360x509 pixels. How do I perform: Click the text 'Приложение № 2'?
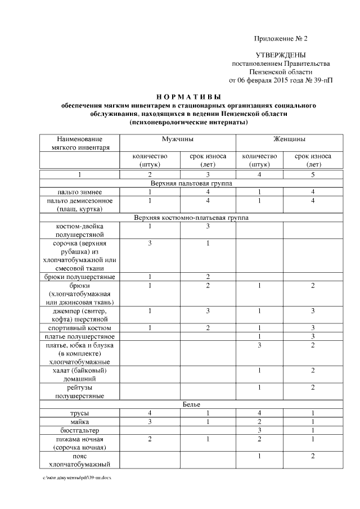(x=281, y=39)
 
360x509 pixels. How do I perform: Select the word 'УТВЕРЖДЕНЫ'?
(x=281, y=56)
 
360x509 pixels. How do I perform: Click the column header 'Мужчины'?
(x=178, y=139)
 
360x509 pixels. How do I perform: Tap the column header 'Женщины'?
(x=290, y=139)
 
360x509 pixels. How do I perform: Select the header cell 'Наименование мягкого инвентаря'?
(x=80, y=143)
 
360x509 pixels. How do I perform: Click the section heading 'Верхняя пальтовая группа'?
(x=191, y=183)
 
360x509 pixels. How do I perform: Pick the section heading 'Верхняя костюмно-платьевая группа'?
(x=191, y=217)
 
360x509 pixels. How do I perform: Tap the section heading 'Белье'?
(x=191, y=404)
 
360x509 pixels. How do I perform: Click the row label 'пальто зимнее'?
(x=80, y=192)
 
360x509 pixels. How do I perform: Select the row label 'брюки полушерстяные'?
(x=80, y=277)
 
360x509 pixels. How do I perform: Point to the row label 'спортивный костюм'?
(x=80, y=327)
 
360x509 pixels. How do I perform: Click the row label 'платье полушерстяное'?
(x=80, y=336)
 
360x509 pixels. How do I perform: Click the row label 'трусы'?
(x=80, y=413)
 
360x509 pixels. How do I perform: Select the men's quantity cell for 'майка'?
(x=150, y=421)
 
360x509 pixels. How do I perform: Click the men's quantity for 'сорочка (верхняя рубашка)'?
(x=150, y=243)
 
